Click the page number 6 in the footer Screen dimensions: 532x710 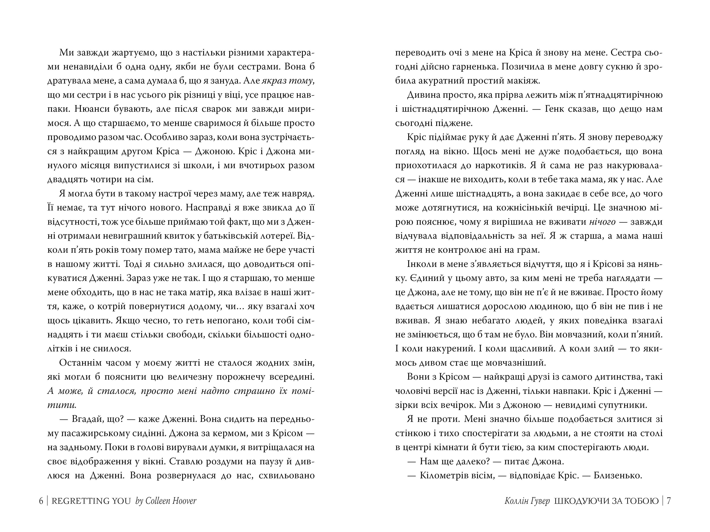click(x=41, y=501)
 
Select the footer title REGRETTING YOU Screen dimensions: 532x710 click(x=91, y=501)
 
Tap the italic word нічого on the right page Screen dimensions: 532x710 click(x=602, y=222)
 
